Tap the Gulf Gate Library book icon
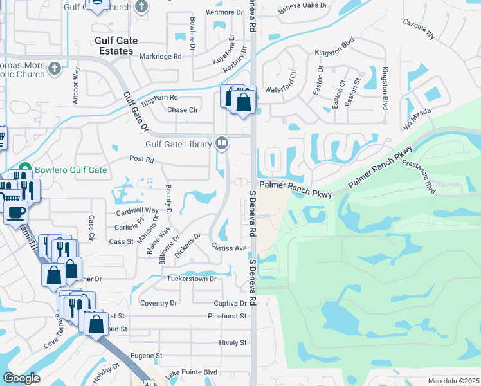coord(222,142)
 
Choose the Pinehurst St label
coord(227,316)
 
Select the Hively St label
coord(232,343)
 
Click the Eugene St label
coord(147,355)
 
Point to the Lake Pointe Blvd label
coord(191,372)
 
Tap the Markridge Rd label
coord(161,57)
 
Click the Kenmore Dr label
coord(224,12)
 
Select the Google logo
coord(21,378)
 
